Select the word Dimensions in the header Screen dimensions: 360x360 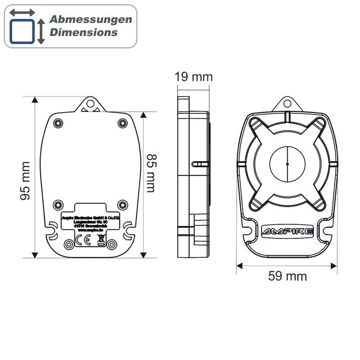tap(83, 32)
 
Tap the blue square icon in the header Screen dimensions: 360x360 tap(22, 31)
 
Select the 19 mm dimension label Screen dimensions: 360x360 tap(193, 76)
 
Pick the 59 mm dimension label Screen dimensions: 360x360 tap(288, 276)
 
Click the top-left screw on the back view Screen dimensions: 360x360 tap(57, 123)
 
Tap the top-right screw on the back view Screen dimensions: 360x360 tap(122, 123)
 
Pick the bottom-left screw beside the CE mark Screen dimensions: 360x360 tap(69, 244)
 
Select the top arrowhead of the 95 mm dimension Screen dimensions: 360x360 tap(35, 100)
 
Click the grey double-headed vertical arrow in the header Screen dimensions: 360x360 tap(41, 31)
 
